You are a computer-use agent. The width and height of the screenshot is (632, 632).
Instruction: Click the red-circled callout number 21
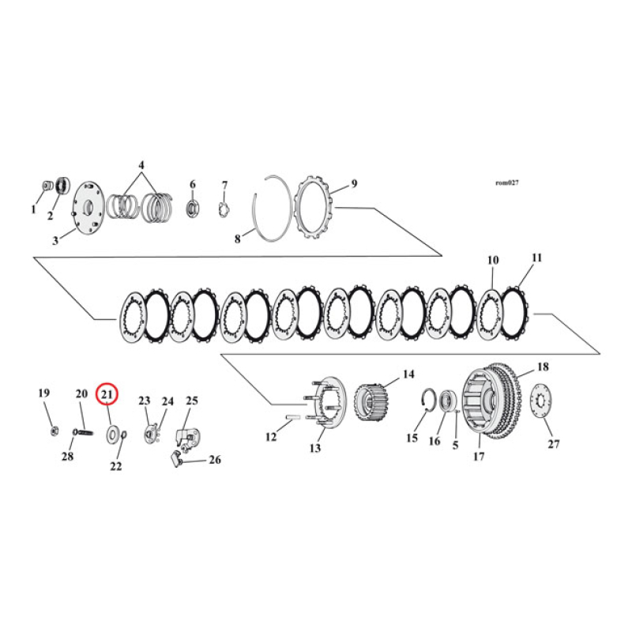(x=107, y=393)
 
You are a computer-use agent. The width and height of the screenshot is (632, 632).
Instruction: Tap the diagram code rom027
(x=506, y=182)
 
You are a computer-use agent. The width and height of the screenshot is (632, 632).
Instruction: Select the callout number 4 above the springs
(x=141, y=166)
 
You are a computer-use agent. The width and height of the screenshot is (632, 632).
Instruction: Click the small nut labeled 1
(x=46, y=187)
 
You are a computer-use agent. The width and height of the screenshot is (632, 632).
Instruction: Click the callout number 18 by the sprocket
(x=543, y=367)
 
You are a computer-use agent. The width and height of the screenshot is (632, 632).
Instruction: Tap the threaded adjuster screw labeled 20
(x=82, y=431)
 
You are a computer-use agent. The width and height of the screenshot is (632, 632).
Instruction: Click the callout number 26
(x=214, y=460)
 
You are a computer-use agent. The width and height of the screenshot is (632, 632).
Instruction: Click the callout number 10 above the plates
(x=493, y=260)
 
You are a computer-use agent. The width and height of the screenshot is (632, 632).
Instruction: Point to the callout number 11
(x=537, y=258)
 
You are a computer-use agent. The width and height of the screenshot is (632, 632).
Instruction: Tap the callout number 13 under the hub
(x=316, y=448)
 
